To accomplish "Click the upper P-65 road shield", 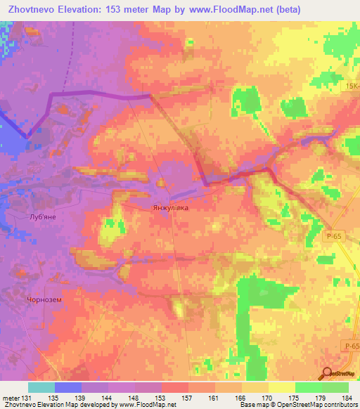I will (333, 239).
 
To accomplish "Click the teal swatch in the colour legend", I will (41, 387).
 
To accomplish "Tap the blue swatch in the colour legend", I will (68, 387).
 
